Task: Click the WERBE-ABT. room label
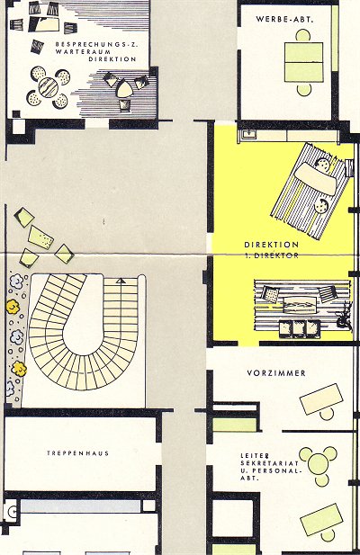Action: coord(285,20)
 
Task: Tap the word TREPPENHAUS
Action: coord(78,453)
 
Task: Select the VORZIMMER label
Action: coord(276,372)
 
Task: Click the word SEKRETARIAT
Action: coord(270,463)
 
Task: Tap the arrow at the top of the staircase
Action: coord(121,281)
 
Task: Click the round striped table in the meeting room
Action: coord(49,87)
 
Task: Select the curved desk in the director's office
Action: coord(315,178)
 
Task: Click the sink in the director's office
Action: coord(250,134)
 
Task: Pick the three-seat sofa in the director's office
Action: coord(300,327)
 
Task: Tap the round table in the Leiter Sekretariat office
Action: coord(318,463)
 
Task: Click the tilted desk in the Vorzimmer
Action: coord(321,398)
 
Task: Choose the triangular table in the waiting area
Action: coord(124,88)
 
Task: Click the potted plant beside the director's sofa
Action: coord(345,317)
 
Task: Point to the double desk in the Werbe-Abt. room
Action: coord(303,62)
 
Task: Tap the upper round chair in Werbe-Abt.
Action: coord(303,36)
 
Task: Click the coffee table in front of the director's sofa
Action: coord(301,305)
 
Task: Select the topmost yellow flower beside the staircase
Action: coord(13,307)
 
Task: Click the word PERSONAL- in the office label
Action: coord(271,471)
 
